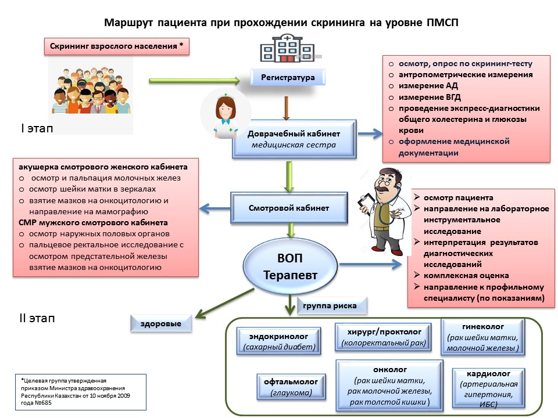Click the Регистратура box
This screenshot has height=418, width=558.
pos(288,77)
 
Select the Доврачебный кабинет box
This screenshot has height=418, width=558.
pos(294,139)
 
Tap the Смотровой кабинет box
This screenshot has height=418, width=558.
pos(289,208)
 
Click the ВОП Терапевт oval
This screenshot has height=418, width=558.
pos(290,266)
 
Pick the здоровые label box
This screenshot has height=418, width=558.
pos(161,323)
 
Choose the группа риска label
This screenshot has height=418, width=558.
pos(330,306)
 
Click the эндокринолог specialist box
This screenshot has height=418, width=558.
pos(278,341)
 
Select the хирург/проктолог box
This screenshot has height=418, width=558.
pos(383,337)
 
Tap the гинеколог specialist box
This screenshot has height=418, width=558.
pos(482,337)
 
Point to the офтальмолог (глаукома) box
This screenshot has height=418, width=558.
pos(291,387)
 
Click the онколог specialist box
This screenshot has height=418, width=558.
pos(389,385)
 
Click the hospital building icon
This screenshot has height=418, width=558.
pos(288,48)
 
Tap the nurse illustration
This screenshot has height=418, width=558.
pos(226,114)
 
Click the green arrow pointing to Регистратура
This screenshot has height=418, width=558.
pos(194,81)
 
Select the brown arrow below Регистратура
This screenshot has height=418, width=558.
pos(286,108)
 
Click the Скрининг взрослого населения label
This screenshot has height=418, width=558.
pos(116,46)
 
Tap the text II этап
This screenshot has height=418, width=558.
pos(37,318)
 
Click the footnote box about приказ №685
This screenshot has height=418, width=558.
pos(81,392)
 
